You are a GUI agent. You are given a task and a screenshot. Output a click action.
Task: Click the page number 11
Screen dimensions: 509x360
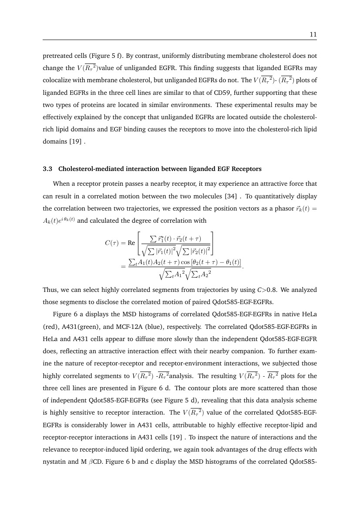tap(313, 35)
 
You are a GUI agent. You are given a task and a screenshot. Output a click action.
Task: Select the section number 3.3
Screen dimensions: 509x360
tap(47, 157)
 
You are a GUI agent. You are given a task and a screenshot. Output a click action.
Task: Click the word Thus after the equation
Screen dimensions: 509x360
tap(49, 289)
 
